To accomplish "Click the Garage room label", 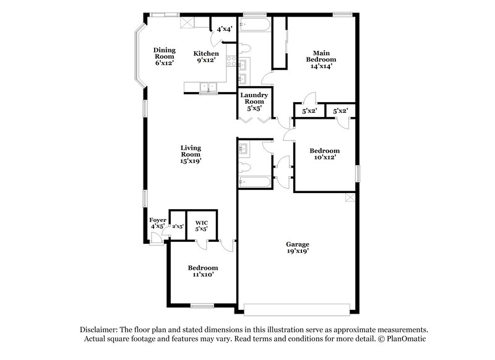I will coord(298,247).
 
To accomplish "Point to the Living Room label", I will coord(191,154).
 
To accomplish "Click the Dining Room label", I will coord(165,56).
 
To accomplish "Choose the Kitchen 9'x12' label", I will coord(207,56).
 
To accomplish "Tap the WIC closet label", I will coord(201,225).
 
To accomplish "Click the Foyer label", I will coord(157,223).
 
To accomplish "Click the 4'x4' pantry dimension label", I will coord(223,28).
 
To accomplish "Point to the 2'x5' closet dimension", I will coord(178,226).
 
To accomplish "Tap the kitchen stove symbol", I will coord(231,62).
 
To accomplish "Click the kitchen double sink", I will coord(209,88).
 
